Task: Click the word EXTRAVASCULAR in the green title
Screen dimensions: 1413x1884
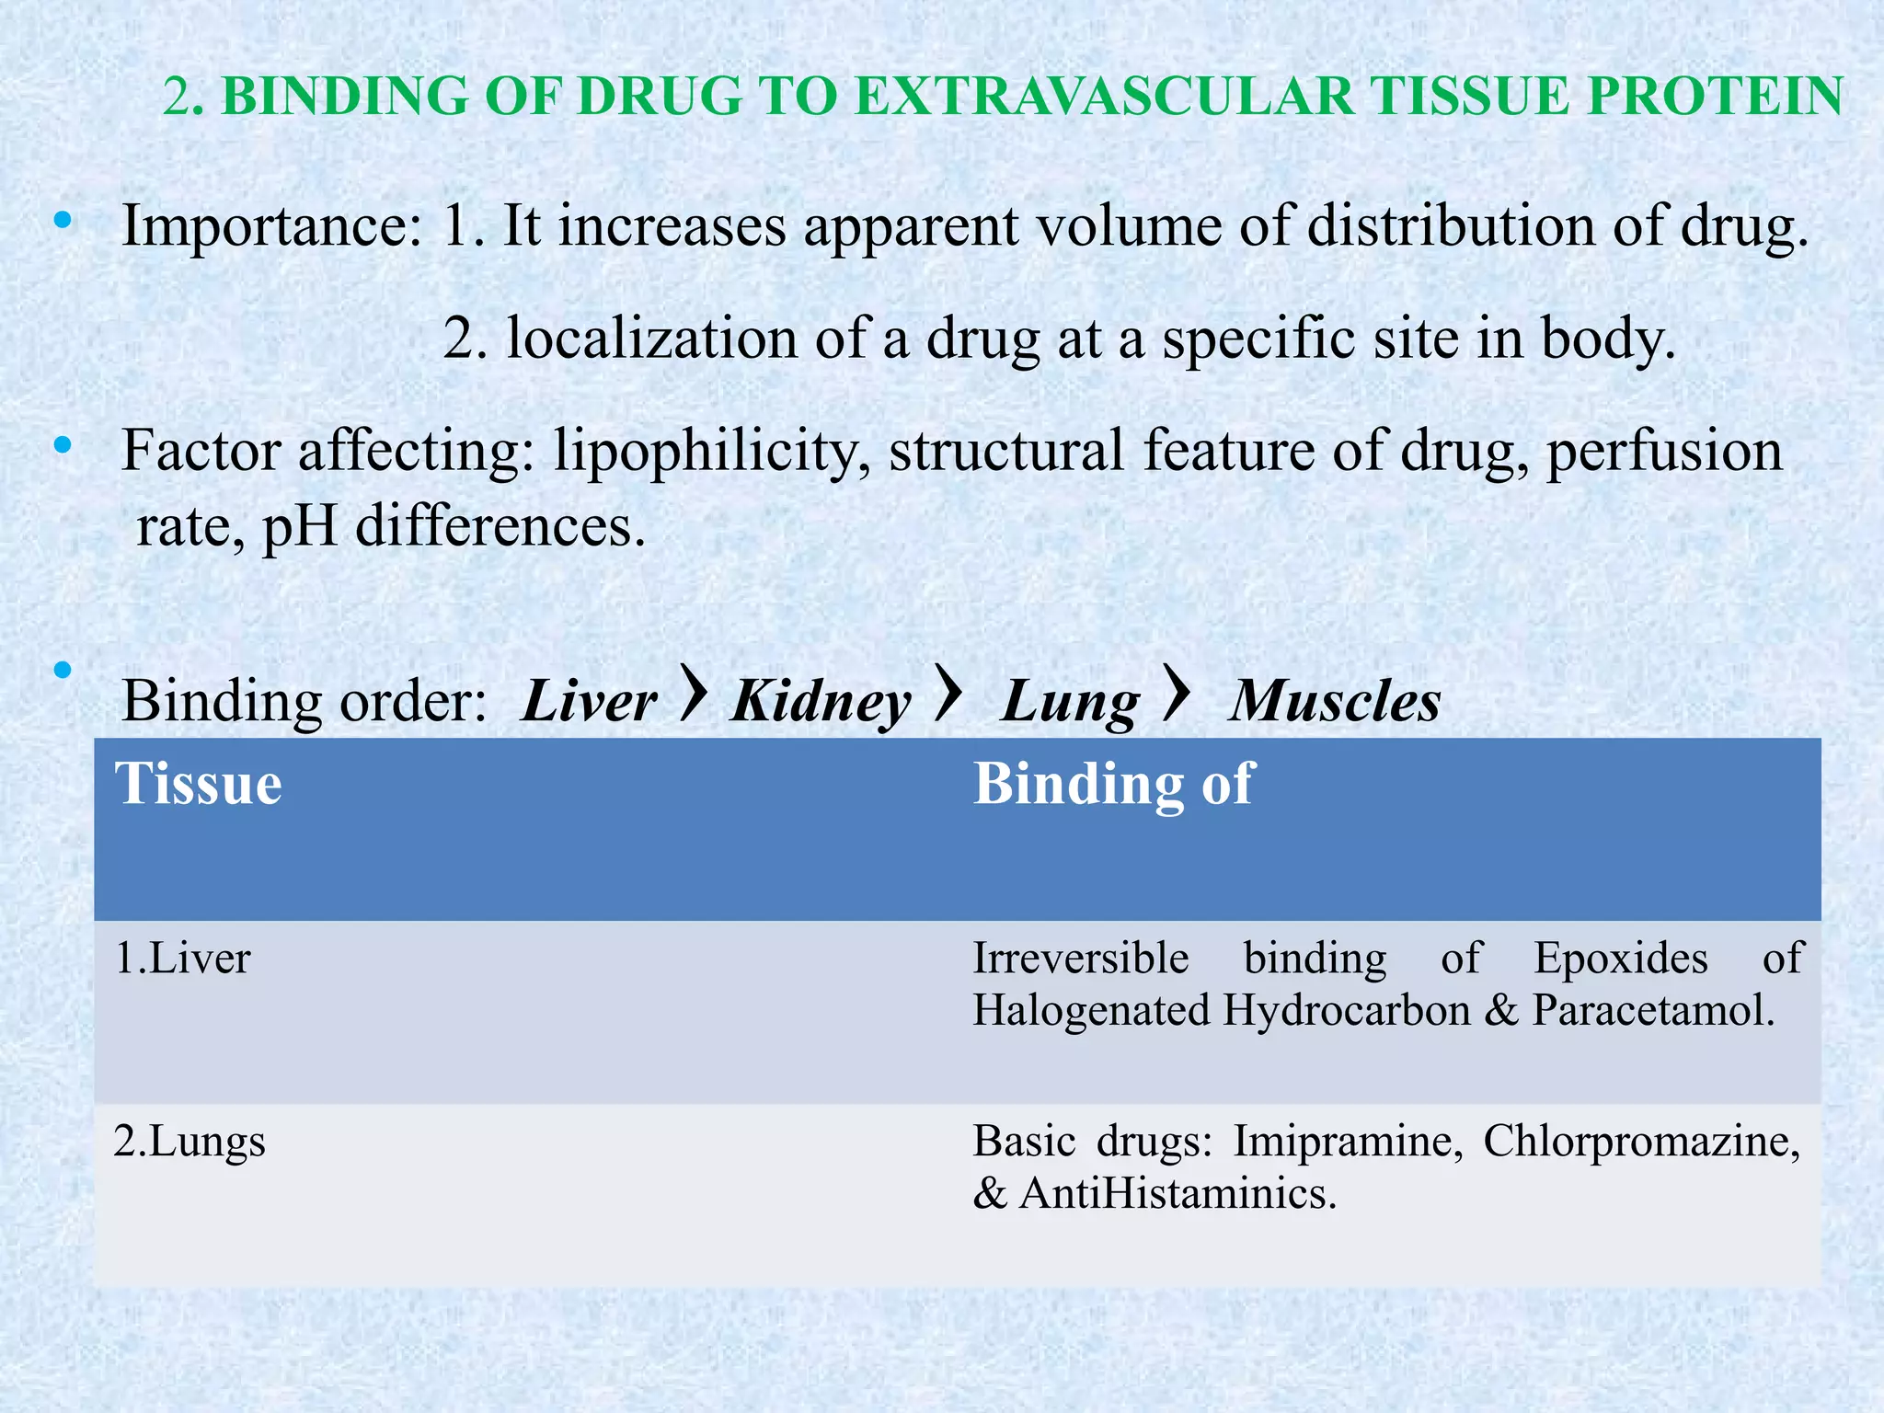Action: (x=1105, y=97)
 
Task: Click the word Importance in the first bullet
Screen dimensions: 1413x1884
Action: (x=270, y=226)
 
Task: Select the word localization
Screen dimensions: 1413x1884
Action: (x=652, y=339)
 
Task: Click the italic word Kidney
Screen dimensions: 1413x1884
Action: (x=821, y=703)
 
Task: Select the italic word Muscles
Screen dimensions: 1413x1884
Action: (x=1335, y=703)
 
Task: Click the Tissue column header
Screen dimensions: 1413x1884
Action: (x=198, y=785)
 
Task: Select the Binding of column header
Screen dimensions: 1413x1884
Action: (x=1113, y=785)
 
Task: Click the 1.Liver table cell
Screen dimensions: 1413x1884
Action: (x=182, y=959)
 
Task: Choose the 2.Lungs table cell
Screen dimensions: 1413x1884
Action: (x=190, y=1142)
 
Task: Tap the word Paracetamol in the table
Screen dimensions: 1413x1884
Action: (x=1653, y=1011)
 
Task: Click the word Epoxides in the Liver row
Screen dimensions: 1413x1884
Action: (x=1621, y=959)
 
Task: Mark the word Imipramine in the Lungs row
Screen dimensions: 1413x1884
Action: (x=1348, y=1142)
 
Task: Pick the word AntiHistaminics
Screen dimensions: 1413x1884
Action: (x=1177, y=1194)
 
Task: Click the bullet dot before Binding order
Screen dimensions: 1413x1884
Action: (x=63, y=670)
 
